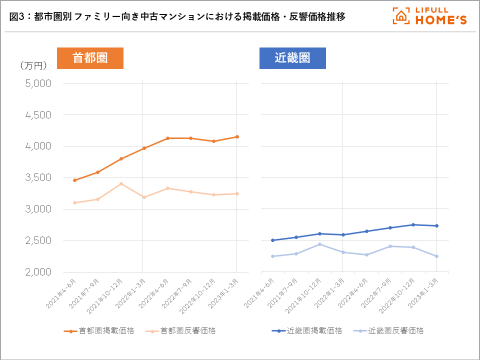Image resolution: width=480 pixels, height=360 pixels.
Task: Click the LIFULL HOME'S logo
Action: point(429,16)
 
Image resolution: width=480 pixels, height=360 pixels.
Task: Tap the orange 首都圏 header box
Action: point(90,58)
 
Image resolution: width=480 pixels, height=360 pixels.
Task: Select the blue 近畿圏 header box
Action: point(292,58)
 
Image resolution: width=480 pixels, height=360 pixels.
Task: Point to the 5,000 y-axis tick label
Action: point(38,83)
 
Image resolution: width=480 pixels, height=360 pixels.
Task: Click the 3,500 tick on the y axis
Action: point(38,178)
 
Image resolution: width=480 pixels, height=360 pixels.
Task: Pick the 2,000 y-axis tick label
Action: point(38,272)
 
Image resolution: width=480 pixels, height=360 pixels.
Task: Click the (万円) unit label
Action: point(33,65)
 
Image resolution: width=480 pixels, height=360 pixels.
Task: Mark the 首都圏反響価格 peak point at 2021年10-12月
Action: point(121,183)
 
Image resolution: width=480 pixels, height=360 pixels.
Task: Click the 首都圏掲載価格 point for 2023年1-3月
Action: point(236,136)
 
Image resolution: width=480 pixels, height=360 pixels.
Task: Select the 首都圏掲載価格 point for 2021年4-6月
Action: point(74,180)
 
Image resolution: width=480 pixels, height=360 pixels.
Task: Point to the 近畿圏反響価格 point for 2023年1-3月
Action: point(436,256)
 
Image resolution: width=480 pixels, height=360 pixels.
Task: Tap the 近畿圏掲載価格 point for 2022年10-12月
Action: point(413,224)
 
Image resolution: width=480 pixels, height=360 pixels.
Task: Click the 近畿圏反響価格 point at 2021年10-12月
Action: point(319,244)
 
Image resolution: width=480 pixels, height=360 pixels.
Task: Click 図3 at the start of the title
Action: point(17,16)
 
